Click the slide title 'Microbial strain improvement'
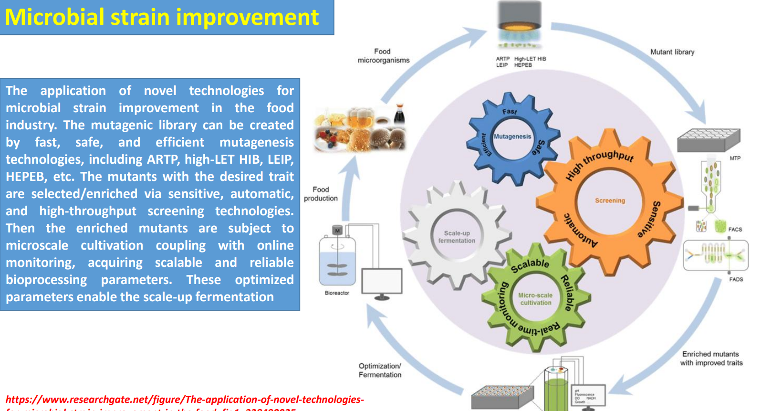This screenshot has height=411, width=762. (162, 17)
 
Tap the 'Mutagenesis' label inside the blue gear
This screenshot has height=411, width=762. (512, 137)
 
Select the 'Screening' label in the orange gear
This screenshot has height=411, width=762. (610, 200)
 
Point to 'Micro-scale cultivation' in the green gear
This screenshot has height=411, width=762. (535, 299)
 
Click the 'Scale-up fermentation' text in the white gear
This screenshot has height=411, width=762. (457, 237)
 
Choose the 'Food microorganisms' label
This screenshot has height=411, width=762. (383, 56)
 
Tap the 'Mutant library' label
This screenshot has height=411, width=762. (672, 52)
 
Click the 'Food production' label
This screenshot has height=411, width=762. (321, 194)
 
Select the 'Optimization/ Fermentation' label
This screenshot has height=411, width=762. (380, 370)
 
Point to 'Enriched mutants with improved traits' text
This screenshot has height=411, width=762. (711, 358)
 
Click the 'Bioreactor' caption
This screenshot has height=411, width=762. (337, 293)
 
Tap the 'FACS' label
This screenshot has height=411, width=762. (735, 230)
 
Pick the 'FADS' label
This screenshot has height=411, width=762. (736, 279)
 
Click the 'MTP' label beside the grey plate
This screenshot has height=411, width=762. (735, 158)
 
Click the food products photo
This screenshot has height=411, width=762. (360, 128)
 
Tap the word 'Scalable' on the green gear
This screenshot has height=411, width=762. (530, 265)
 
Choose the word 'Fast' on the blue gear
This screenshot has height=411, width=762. (509, 112)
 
